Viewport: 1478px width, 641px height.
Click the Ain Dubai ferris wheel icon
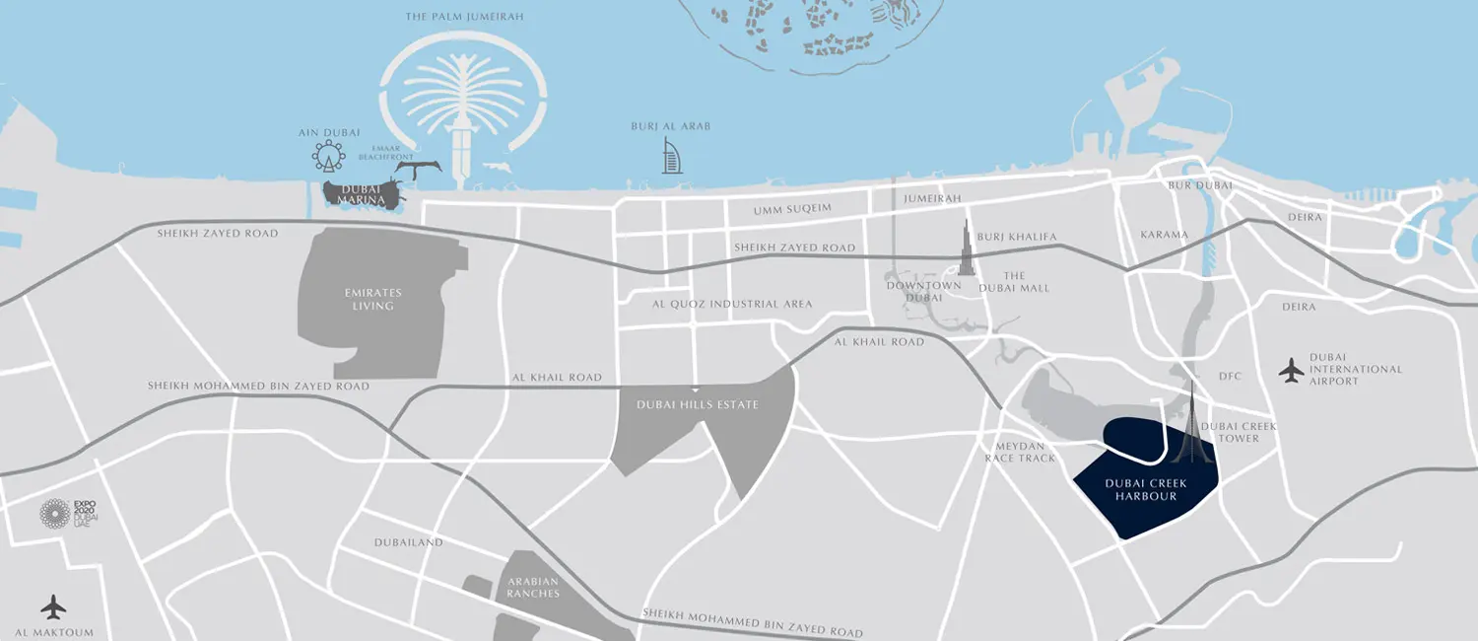coord(328,155)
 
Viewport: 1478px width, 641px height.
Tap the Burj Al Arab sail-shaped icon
coord(672,157)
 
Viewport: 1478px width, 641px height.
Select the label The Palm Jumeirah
coord(464,17)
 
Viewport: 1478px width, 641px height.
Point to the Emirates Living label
coord(373,299)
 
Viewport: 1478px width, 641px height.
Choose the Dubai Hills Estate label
coord(698,404)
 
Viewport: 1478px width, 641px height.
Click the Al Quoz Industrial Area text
coord(732,304)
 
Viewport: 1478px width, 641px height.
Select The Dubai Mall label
coord(1014,282)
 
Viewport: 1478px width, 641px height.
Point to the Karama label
coord(1164,236)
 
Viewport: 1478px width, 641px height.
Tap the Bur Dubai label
coord(1186,185)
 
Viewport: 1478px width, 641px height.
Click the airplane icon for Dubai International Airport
coord(1291,370)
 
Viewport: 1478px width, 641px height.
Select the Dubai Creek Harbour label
coord(1146,489)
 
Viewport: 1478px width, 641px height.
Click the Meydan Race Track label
coord(1020,452)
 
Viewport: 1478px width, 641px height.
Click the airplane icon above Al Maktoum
coord(53,605)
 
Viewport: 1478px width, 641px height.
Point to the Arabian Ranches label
coord(533,587)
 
